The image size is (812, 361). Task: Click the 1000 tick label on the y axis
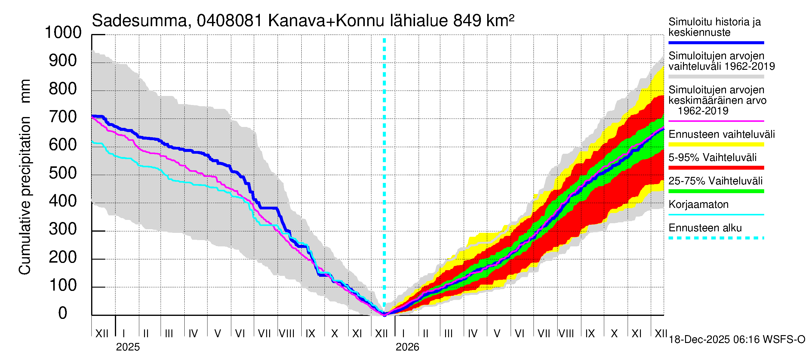pyautogui.click(x=63, y=32)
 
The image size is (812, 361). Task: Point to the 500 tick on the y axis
pyautogui.click(x=63, y=173)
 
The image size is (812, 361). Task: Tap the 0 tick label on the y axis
pyautogui.click(x=63, y=313)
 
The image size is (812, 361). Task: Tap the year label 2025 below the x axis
pyautogui.click(x=128, y=347)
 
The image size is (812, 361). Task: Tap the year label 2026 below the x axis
pyautogui.click(x=407, y=347)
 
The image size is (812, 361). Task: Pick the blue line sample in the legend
pyautogui.click(x=716, y=42)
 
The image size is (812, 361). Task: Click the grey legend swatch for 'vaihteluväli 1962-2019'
pyautogui.click(x=716, y=77)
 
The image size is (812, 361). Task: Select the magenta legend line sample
pyautogui.click(x=716, y=121)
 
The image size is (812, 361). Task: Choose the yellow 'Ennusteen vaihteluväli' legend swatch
pyautogui.click(x=716, y=145)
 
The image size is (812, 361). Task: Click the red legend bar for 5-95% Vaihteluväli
pyautogui.click(x=716, y=168)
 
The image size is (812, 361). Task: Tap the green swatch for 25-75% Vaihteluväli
pyautogui.click(x=716, y=191)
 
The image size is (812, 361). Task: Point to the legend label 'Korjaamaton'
pyautogui.click(x=698, y=205)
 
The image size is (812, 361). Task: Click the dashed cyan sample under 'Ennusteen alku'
pyautogui.click(x=716, y=238)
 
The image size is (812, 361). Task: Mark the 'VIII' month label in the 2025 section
pyautogui.click(x=287, y=334)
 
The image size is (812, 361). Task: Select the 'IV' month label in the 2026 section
pyautogui.click(x=472, y=334)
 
